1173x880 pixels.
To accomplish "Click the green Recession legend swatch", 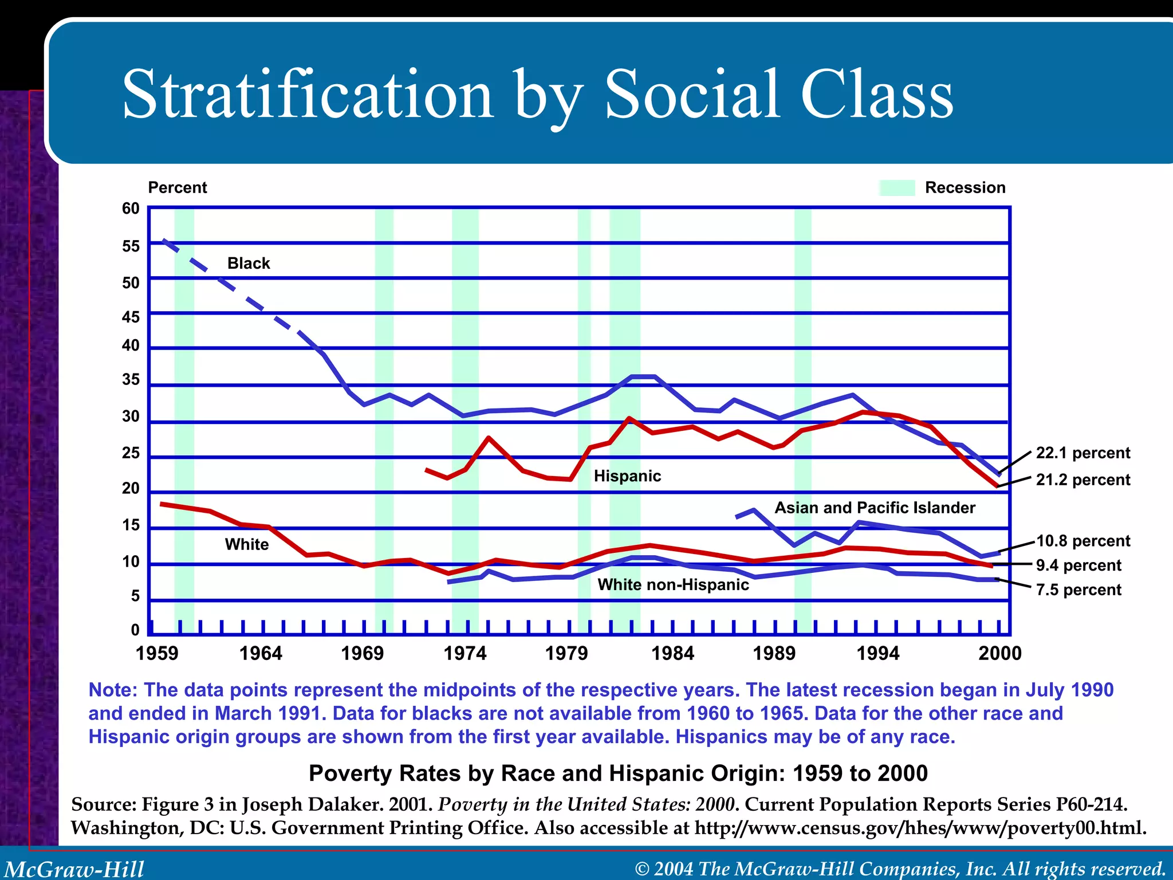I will [897, 188].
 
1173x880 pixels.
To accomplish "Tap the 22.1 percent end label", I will [1083, 453].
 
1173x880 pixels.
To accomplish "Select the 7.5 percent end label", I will [1078, 590].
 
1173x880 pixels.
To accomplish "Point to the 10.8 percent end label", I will [1083, 541].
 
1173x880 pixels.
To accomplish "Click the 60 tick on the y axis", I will [131, 209].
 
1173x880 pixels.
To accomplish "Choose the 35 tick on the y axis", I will [131, 379].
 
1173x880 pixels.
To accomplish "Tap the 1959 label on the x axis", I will [157, 653].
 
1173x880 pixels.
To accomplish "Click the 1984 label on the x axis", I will [672, 653].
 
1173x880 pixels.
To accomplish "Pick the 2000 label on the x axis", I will [1000, 653].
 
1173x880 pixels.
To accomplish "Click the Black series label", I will [249, 264].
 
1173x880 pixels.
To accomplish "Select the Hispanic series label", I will [627, 476].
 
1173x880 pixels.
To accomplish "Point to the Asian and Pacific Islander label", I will [875, 508].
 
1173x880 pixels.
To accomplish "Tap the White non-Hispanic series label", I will [673, 584].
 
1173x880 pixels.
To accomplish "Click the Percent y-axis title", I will [178, 188].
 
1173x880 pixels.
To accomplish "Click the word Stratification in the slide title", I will [308, 95].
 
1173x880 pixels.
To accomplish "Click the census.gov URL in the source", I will [919, 828].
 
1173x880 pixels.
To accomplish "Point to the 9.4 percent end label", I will [1078, 565].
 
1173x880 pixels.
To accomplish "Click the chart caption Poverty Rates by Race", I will [617, 773].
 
